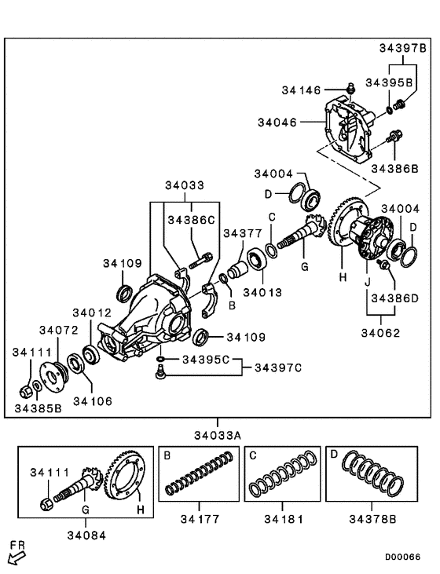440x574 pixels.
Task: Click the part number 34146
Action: click(302, 91)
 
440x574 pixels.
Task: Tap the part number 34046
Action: click(277, 122)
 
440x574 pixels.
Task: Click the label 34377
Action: click(242, 232)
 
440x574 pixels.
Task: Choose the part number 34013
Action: click(261, 291)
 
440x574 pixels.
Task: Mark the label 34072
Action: click(59, 331)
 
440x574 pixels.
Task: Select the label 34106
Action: click(93, 401)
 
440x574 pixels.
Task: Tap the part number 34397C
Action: click(279, 366)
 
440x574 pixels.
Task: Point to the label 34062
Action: click(381, 332)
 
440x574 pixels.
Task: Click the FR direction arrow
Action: click(16, 556)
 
